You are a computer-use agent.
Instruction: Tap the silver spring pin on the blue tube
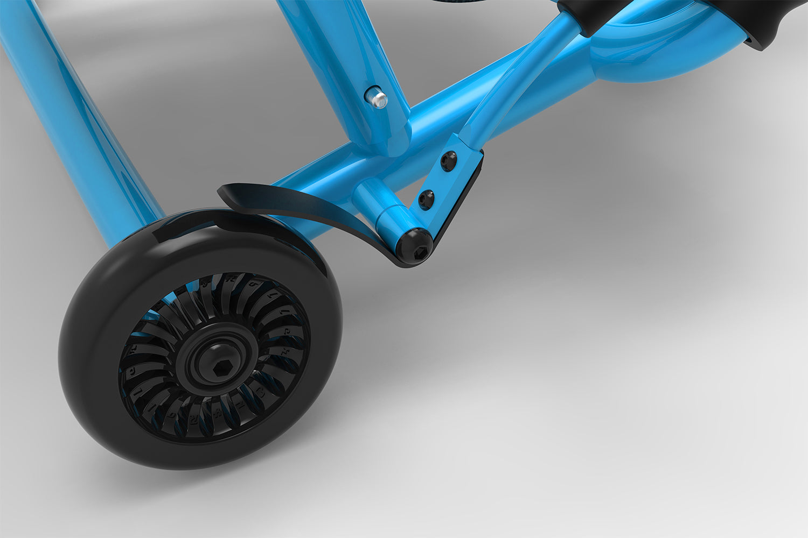(x=378, y=98)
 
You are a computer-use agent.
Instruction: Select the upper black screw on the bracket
(x=447, y=160)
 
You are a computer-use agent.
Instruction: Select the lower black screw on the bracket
(x=426, y=199)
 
